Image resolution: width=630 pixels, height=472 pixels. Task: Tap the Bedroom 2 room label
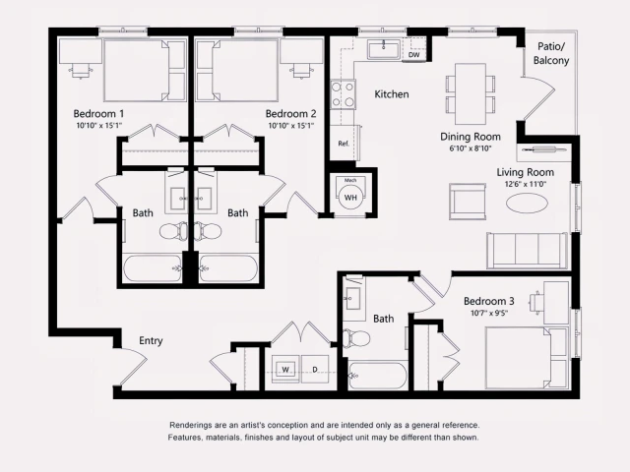290,113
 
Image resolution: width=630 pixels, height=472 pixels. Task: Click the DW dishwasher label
413,55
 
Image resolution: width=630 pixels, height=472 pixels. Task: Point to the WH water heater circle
350,197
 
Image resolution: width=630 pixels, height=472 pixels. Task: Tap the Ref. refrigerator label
344,144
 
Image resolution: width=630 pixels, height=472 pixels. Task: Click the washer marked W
285,370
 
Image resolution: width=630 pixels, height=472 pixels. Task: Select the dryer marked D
314,370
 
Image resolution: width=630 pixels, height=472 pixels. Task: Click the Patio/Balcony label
551,53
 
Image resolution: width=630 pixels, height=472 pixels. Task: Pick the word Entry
151,341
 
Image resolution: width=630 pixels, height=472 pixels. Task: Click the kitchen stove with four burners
343,94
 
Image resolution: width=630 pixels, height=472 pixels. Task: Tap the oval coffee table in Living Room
529,203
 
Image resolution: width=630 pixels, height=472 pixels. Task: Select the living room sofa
526,251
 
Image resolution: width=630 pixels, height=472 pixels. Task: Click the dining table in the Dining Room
467,88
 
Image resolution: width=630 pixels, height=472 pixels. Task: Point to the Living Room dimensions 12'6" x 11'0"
525,184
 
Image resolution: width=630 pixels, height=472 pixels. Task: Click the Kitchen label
391,94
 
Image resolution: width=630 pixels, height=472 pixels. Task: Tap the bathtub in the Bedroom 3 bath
377,376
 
